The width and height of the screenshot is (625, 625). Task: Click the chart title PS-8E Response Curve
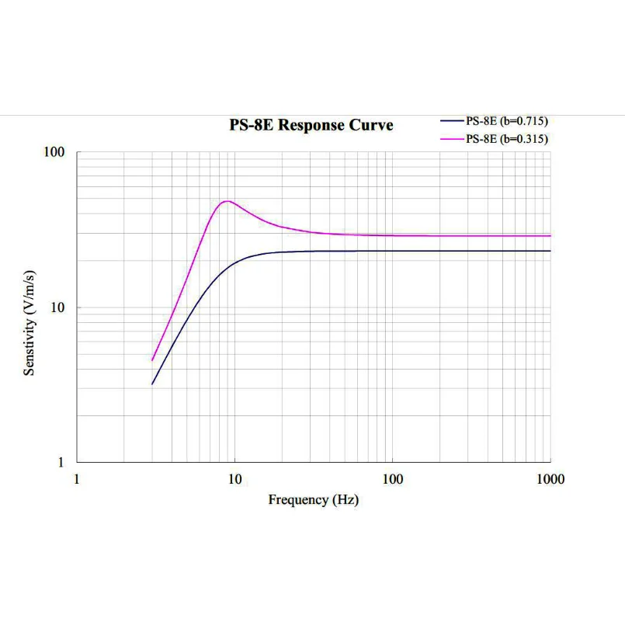pos(311,126)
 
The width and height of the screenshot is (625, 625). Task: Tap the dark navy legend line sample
pos(452,121)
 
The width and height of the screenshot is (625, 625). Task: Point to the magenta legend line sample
pos(452,139)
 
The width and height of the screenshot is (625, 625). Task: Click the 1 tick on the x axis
pos(76,479)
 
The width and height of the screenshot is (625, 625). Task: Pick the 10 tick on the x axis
pos(234,479)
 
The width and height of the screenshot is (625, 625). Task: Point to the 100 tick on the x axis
pos(393,479)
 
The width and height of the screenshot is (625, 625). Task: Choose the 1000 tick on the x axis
pos(550,479)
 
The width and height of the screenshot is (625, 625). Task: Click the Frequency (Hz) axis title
pos(313,500)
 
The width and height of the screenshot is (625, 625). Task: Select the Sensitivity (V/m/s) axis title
pos(30,323)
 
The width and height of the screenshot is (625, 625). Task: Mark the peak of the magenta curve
pos(226,201)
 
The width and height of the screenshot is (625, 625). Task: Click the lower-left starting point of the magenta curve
pos(152,360)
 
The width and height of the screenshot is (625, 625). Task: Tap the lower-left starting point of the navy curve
pos(152,384)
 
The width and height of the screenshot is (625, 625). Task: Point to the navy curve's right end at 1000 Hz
pos(550,251)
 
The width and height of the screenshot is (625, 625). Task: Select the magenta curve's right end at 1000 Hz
pos(550,235)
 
